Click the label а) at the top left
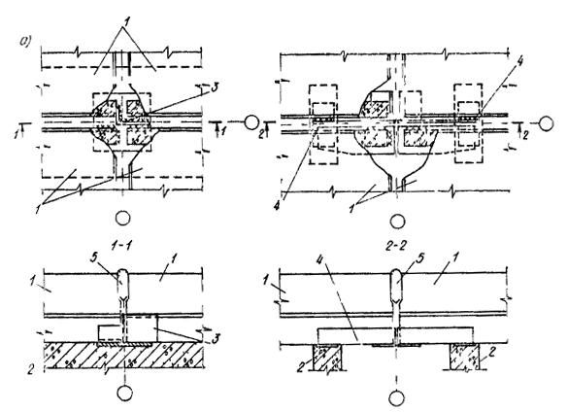pyautogui.click(x=25, y=42)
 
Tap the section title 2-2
pyautogui.click(x=396, y=246)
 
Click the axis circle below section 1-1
pyautogui.click(x=124, y=394)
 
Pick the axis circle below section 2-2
pyautogui.click(x=397, y=398)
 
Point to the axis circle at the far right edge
pyautogui.click(x=546, y=123)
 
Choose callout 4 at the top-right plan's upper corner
pyautogui.click(x=519, y=62)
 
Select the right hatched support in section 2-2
pyautogui.click(x=464, y=357)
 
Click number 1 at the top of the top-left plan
pyautogui.click(x=125, y=21)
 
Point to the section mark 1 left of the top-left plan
pyautogui.click(x=17, y=134)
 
